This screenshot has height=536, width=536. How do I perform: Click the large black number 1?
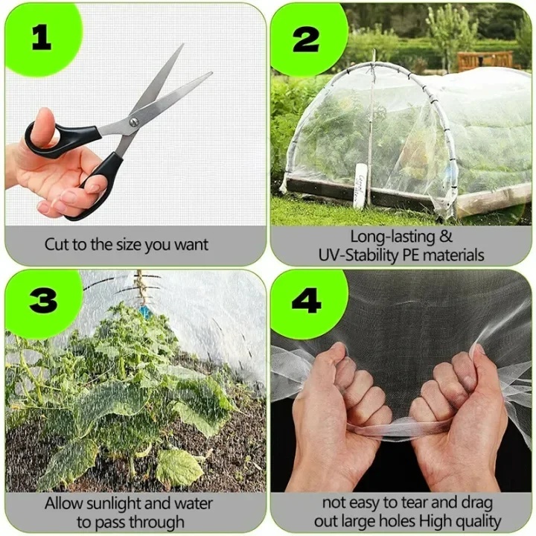[x=42, y=38]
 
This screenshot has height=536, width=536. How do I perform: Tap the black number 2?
[x=306, y=39]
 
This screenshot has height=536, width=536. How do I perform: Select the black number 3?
[x=43, y=299]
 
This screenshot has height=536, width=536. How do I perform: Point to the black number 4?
[x=306, y=301]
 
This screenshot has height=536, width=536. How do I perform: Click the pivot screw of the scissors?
[x=134, y=121]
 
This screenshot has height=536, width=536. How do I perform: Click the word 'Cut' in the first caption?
[x=57, y=245]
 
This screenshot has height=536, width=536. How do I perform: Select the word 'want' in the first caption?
[x=191, y=245]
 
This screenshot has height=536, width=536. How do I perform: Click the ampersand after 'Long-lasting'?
[x=445, y=236]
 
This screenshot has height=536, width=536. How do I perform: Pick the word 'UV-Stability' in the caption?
[x=358, y=255]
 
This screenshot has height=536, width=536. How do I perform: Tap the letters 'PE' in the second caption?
[x=411, y=255]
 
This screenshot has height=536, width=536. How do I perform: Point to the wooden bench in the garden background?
[x=485, y=60]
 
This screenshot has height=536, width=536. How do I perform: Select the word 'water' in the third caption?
[x=194, y=503]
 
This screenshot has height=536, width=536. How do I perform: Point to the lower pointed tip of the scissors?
[x=211, y=73]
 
